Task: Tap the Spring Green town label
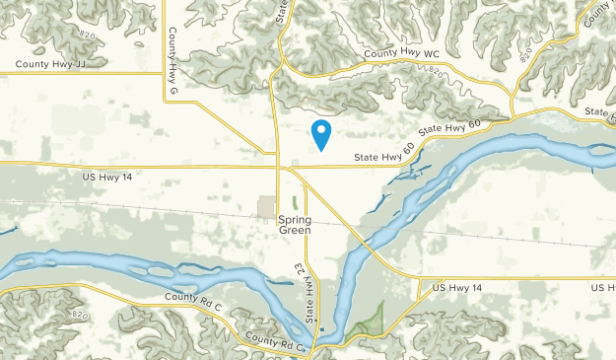295,224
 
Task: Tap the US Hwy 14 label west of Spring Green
107,176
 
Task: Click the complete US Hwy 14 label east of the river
458,287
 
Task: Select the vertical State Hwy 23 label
308,290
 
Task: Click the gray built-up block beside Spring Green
267,207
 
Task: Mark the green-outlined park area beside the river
367,320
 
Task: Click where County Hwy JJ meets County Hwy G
164,72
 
